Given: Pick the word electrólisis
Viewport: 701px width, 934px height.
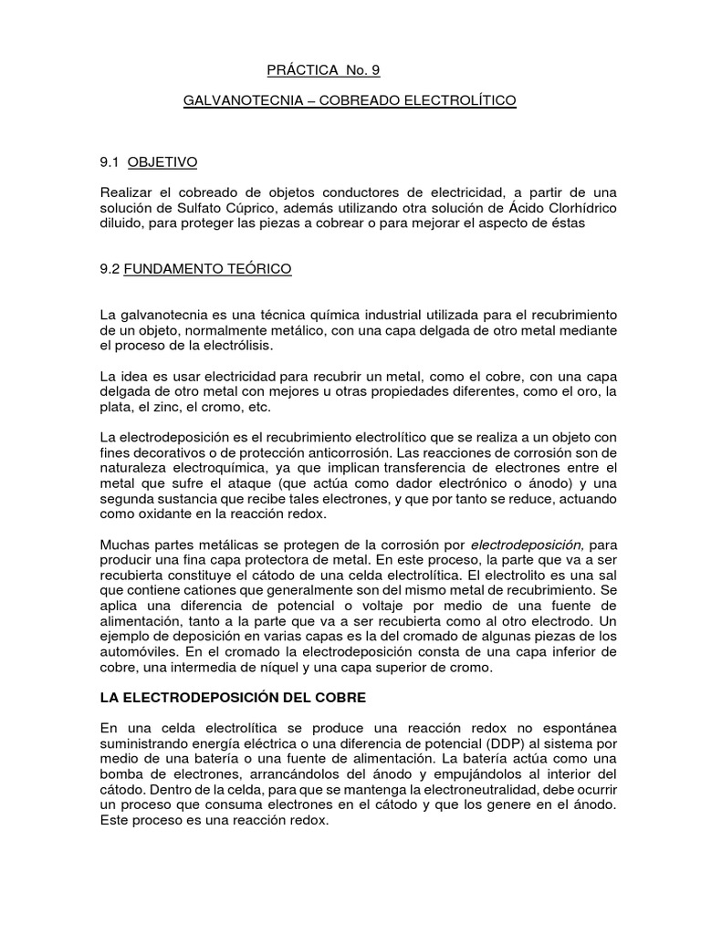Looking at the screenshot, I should pos(246,347).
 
